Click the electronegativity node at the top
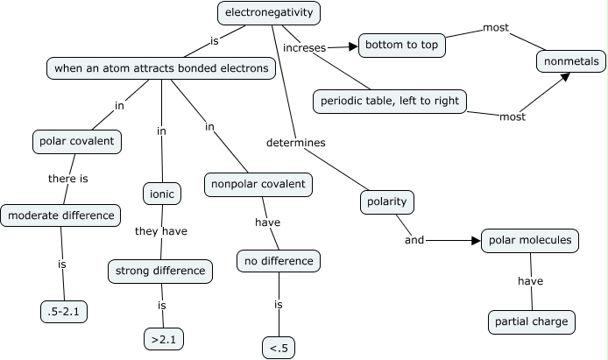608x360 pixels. pyautogui.click(x=269, y=13)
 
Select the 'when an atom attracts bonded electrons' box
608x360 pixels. pyautogui.click(x=162, y=67)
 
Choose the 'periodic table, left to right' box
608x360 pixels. pyautogui.click(x=389, y=102)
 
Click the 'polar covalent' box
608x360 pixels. pyautogui.click(x=76, y=141)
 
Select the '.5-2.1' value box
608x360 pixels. pyautogui.click(x=64, y=310)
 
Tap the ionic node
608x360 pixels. pyautogui.click(x=161, y=193)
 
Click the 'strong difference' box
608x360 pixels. pyautogui.click(x=160, y=271)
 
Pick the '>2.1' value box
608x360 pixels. pyautogui.click(x=164, y=337)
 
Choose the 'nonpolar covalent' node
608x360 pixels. pyautogui.click(x=258, y=185)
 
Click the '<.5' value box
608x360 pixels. pyautogui.click(x=279, y=348)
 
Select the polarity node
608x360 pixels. pyautogui.click(x=386, y=202)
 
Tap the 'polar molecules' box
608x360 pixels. pyautogui.click(x=530, y=240)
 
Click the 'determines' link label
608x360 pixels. pyautogui.click(x=296, y=142)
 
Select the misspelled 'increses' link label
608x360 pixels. pyautogui.click(x=304, y=46)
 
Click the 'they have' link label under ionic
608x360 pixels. pyautogui.click(x=160, y=231)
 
